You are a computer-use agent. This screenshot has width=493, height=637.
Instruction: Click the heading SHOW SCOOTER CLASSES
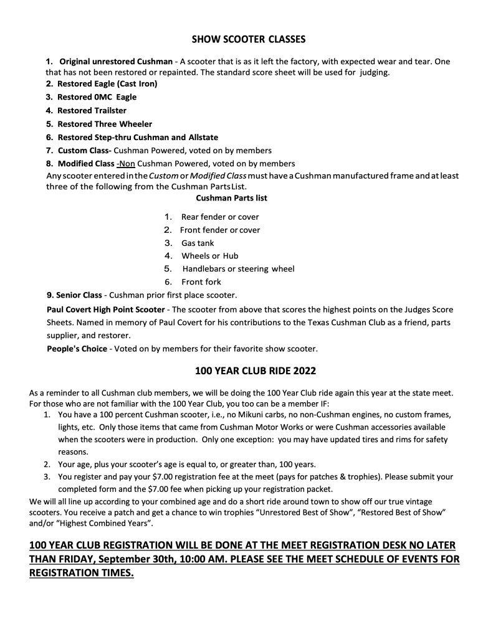click(x=248, y=40)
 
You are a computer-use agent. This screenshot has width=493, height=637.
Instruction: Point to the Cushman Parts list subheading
click(x=232, y=199)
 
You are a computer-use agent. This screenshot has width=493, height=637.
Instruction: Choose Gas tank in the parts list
click(x=197, y=243)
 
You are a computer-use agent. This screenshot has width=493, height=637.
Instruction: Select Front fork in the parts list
click(x=201, y=281)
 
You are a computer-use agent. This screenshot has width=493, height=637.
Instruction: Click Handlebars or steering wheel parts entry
click(x=238, y=269)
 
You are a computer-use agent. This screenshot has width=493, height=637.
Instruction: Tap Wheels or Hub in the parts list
click(x=209, y=256)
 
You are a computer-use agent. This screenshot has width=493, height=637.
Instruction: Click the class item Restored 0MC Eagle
click(x=97, y=97)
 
